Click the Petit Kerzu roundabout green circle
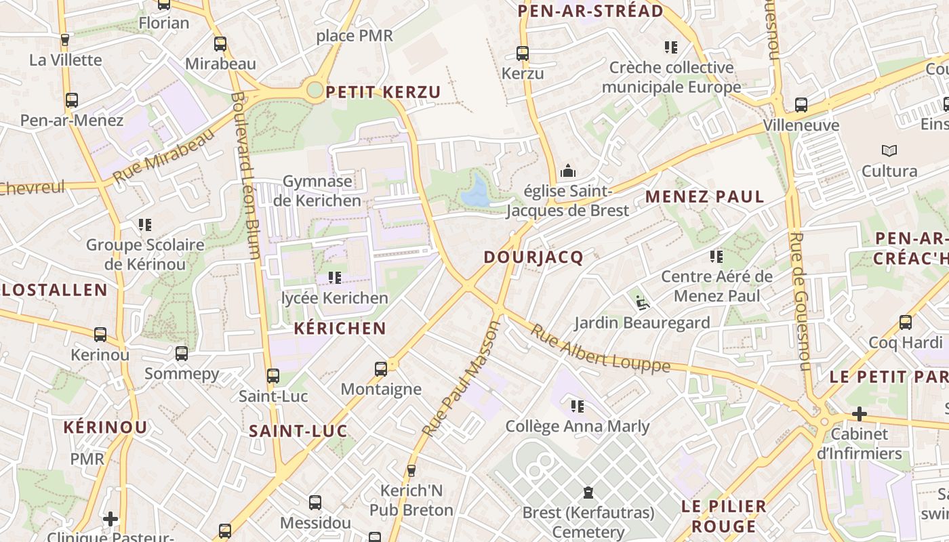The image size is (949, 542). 314,89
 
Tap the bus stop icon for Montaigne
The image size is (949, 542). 381,369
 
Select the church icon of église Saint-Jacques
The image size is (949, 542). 567,171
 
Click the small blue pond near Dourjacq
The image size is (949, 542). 476,191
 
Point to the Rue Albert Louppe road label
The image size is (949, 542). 599,350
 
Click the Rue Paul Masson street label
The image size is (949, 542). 461,379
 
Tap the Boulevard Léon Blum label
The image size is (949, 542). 245,176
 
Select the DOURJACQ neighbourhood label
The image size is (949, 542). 533,257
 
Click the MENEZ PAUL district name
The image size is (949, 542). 704,197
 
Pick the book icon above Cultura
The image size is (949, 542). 889,150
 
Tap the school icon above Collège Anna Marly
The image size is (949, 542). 577,406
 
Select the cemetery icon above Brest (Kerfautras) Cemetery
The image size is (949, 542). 588,493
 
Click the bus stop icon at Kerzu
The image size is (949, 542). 522,53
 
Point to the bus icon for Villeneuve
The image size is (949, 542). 801,105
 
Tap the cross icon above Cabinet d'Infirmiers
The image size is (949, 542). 859,413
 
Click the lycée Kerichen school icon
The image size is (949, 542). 334,278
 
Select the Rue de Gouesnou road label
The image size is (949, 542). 800,301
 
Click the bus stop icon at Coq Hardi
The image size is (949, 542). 905,322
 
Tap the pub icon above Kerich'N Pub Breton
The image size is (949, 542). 411,470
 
